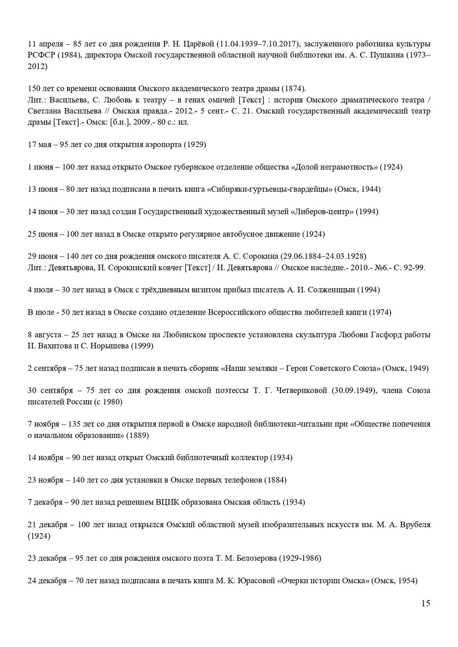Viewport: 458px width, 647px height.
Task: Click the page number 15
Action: pyautogui.click(x=425, y=604)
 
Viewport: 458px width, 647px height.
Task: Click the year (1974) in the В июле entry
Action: pyautogui.click(x=380, y=312)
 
